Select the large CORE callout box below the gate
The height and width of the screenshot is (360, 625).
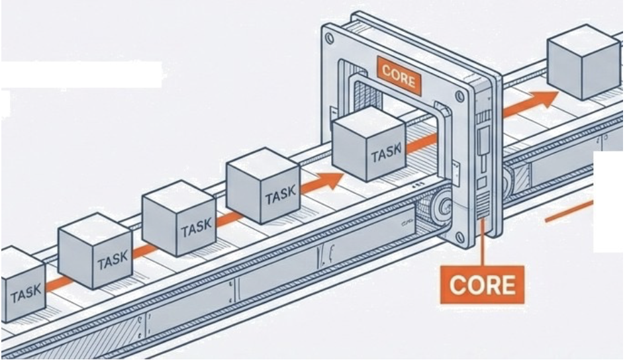click(481, 284)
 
